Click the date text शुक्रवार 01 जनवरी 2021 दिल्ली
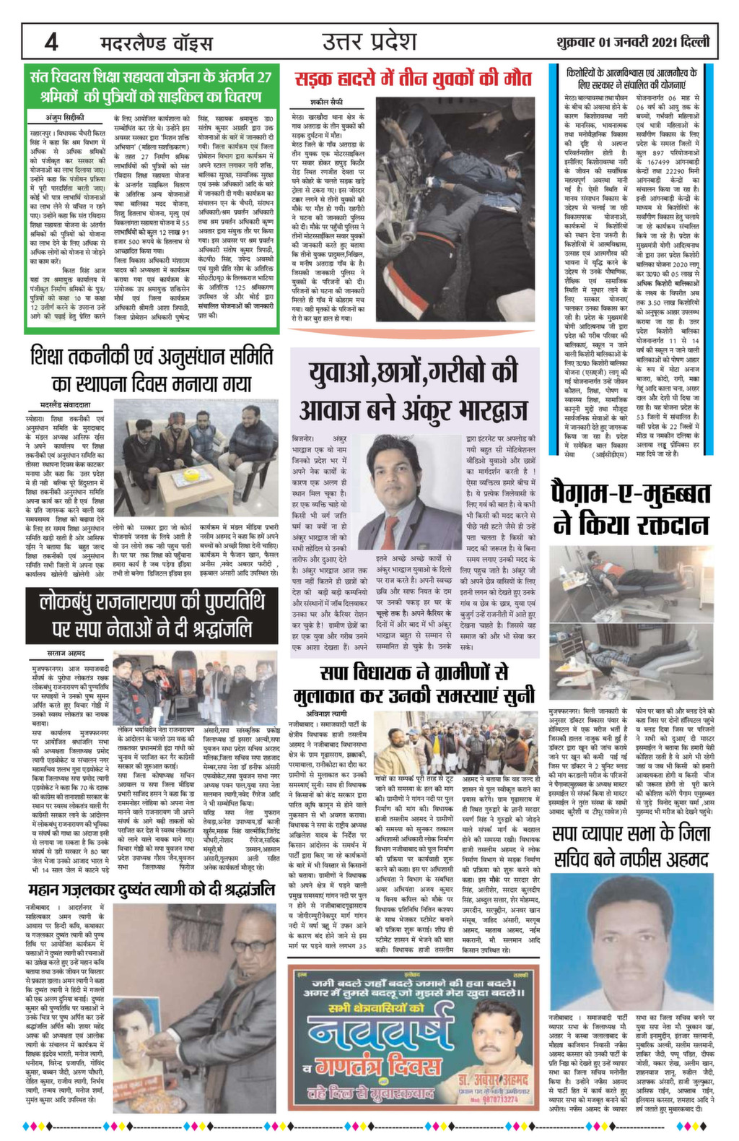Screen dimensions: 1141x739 (633, 43)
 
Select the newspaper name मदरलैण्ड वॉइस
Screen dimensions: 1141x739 (155, 43)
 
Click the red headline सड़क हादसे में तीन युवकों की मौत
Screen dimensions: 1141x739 (414, 78)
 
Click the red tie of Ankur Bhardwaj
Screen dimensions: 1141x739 (390, 531)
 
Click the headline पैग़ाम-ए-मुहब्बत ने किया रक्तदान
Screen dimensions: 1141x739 (631, 508)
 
